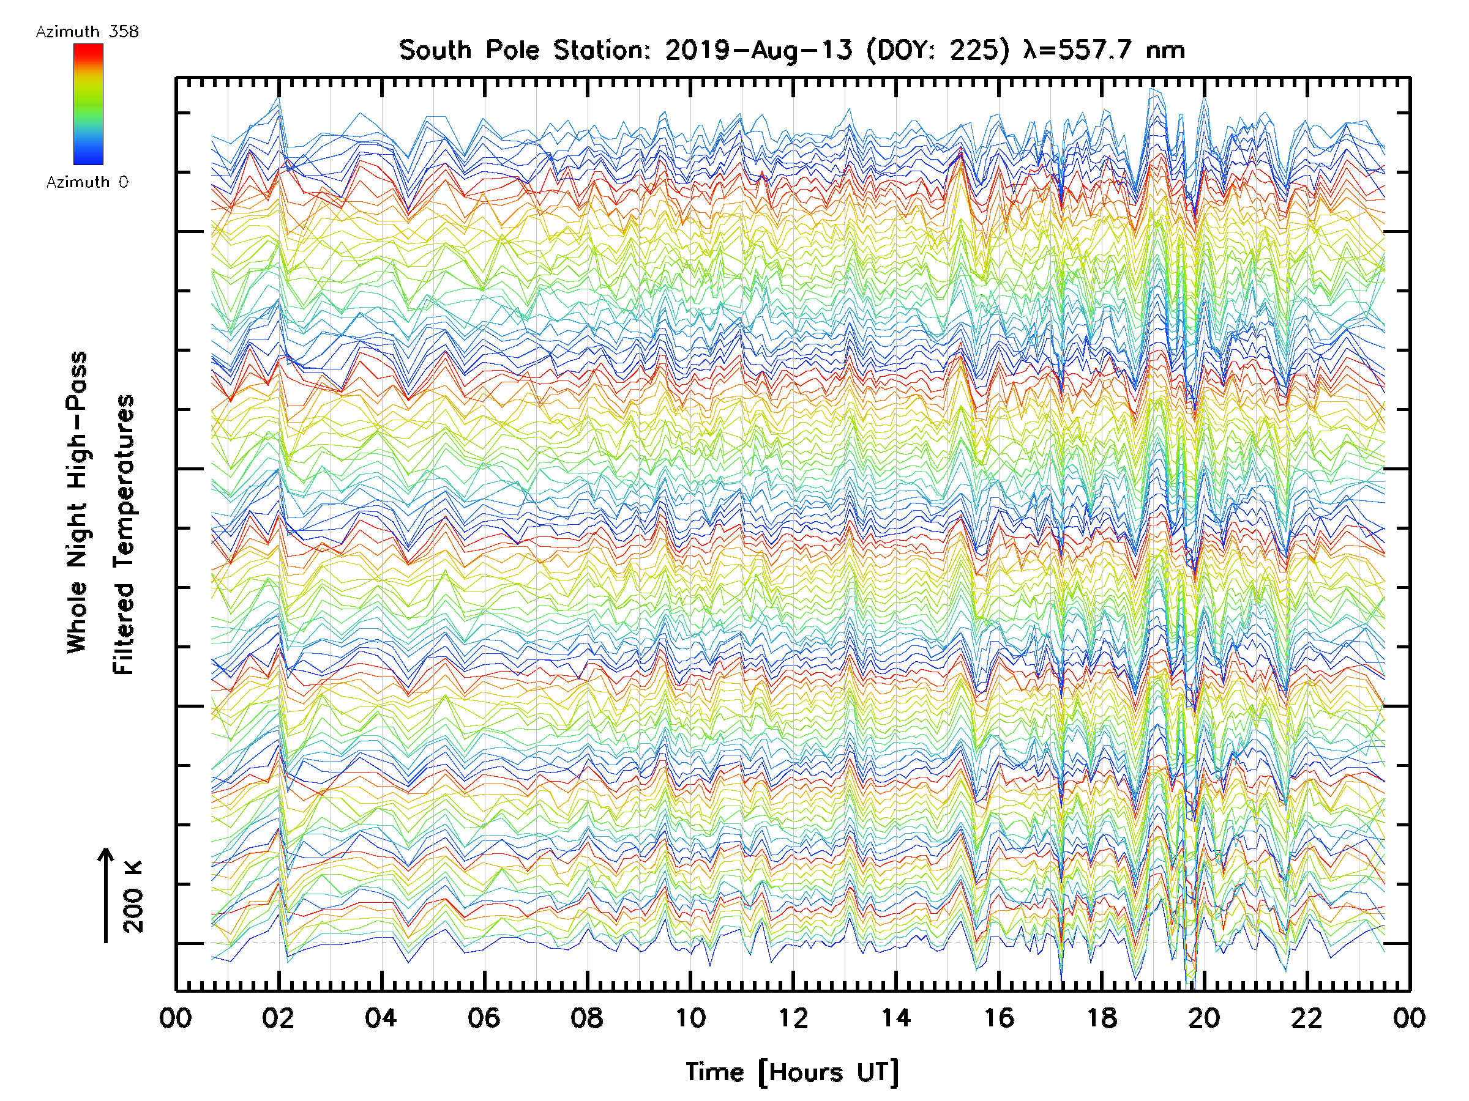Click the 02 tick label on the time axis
pyautogui.click(x=278, y=1018)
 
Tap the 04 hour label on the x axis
pyautogui.click(x=381, y=1018)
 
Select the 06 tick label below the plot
pyautogui.click(x=484, y=1018)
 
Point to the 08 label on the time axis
pyautogui.click(x=586, y=1018)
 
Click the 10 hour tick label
pyautogui.click(x=690, y=1018)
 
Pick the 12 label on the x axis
pyautogui.click(x=793, y=1018)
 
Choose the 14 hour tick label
pyautogui.click(x=896, y=1018)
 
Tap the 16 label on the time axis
pyautogui.click(x=999, y=1018)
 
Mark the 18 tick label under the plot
pyautogui.click(x=1102, y=1018)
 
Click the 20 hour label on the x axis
pyautogui.click(x=1204, y=1018)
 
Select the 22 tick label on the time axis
pyautogui.click(x=1307, y=1018)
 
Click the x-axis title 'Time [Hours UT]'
pyautogui.click(x=792, y=1073)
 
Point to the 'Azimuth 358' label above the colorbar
pyautogui.click(x=87, y=32)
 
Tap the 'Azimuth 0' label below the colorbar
pyautogui.click(x=87, y=182)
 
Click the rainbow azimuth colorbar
pyautogui.click(x=88, y=104)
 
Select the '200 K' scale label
pyautogui.click(x=133, y=896)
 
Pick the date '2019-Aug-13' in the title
pyautogui.click(x=758, y=50)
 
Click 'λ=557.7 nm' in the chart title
pyautogui.click(x=1104, y=50)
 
